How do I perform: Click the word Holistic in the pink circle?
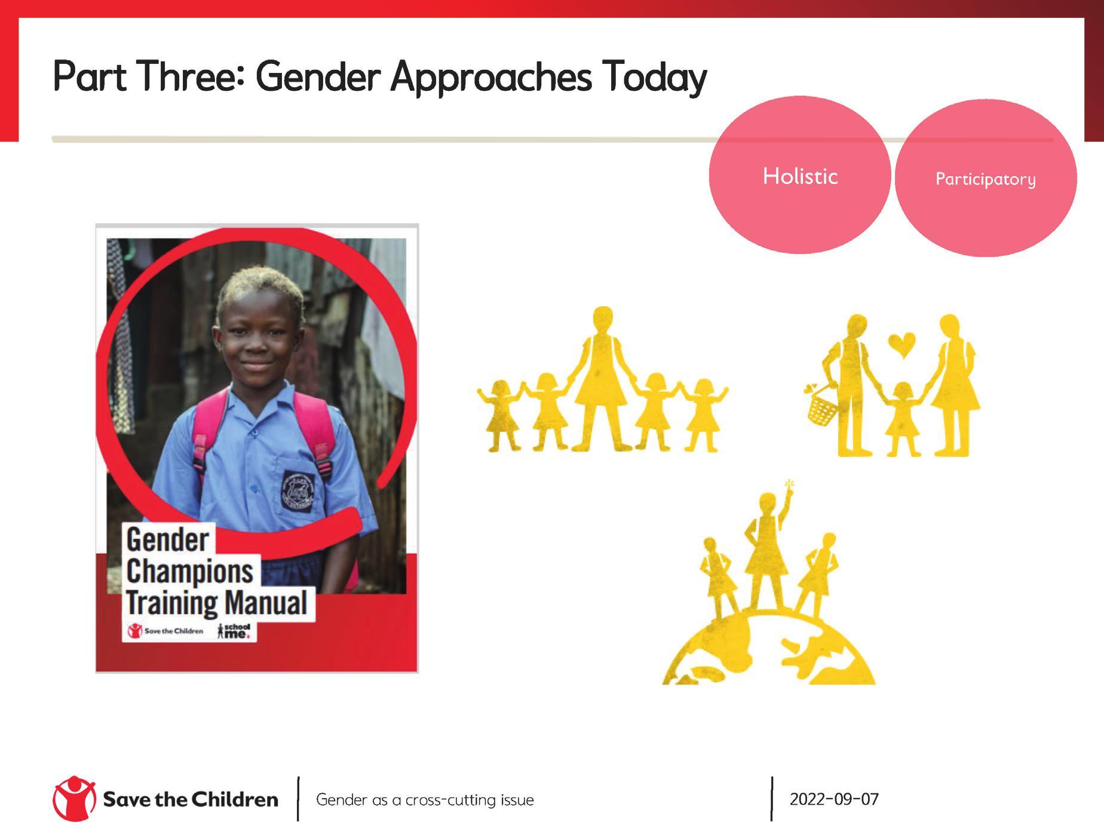[800, 176]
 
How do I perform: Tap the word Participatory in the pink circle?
[986, 179]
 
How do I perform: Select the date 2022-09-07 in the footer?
[834, 799]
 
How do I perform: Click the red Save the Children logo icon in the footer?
[74, 799]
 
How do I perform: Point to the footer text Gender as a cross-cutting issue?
[425, 800]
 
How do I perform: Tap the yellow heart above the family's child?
[901, 344]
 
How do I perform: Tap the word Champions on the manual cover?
[190, 572]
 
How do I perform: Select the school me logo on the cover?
[234, 631]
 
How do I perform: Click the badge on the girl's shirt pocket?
[299, 491]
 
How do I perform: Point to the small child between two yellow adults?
[901, 419]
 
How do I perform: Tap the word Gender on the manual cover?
[167, 540]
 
